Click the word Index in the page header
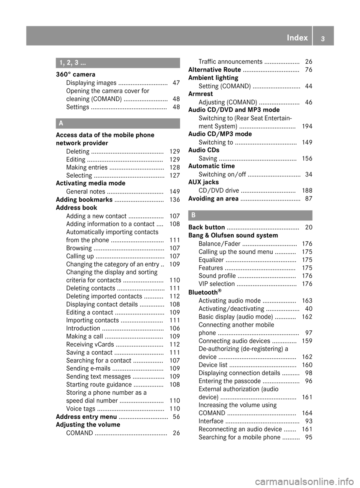(x=297, y=37)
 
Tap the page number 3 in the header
(x=323, y=38)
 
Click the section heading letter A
(x=61, y=123)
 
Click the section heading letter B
(x=193, y=215)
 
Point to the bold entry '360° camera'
(x=75, y=75)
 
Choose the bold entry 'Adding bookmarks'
(x=84, y=199)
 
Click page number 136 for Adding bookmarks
(x=175, y=200)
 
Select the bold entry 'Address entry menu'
(x=86, y=417)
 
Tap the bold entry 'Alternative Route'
(x=214, y=70)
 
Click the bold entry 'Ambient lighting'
(x=213, y=78)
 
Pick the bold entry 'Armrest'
(x=200, y=94)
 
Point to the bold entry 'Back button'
(x=207, y=227)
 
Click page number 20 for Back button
(x=309, y=228)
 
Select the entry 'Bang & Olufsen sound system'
(x=233, y=235)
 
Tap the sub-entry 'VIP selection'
(x=217, y=284)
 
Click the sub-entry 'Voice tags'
(x=81, y=409)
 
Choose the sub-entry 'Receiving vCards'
(x=90, y=344)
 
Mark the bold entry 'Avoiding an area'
(x=213, y=199)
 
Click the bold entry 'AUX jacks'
(x=203, y=182)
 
